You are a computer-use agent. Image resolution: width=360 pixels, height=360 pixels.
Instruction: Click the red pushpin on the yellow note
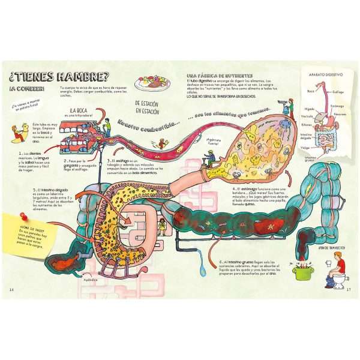pyautogui.click(x=26, y=215)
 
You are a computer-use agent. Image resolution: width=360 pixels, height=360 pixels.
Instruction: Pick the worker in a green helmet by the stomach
pyautogui.click(x=210, y=158)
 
